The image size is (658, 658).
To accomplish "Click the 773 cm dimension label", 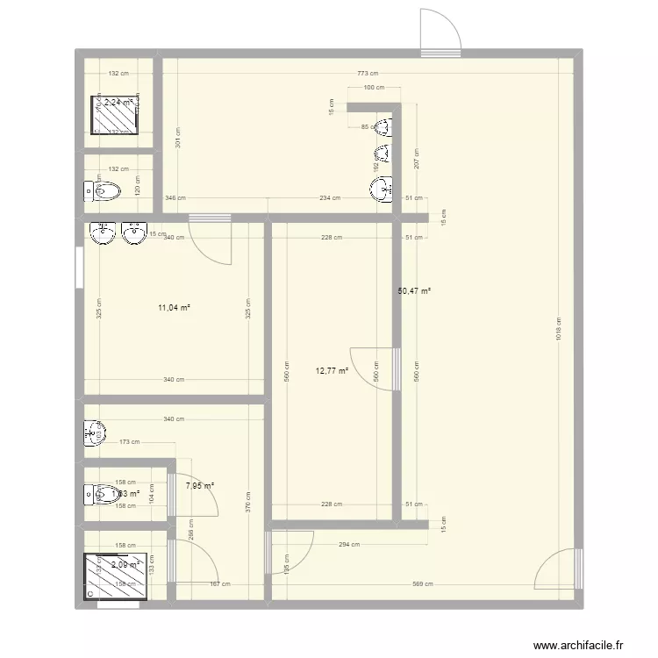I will pyautogui.click(x=368, y=74).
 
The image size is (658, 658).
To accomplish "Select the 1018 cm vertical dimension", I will pyautogui.click(x=559, y=329).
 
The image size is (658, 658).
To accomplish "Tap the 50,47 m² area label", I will pyautogui.click(x=415, y=291).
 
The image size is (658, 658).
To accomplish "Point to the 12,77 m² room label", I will pyautogui.click(x=332, y=371).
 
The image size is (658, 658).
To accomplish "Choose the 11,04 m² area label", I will pyautogui.click(x=174, y=308).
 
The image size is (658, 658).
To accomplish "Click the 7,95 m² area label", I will pyautogui.click(x=200, y=485).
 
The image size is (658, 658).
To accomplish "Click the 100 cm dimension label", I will pyautogui.click(x=374, y=88).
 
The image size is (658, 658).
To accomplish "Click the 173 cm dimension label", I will pyautogui.click(x=129, y=442).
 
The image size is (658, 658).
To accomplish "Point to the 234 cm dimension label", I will pyautogui.click(x=330, y=198).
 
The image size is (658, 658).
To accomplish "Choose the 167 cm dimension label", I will pyautogui.click(x=219, y=584).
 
